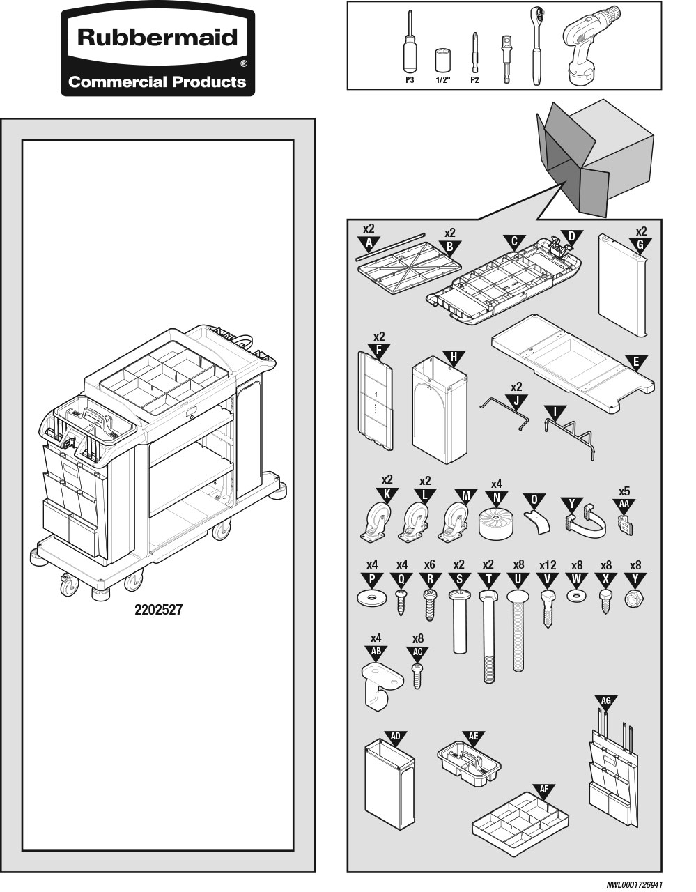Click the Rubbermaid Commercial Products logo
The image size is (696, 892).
(157, 52)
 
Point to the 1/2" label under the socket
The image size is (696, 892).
(443, 80)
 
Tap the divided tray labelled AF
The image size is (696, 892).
(520, 825)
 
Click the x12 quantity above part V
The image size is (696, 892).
(548, 565)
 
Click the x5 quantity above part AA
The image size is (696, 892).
(624, 491)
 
